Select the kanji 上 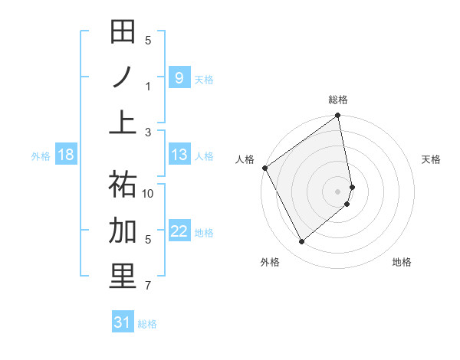coord(123,123)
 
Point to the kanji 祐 coord(123,184)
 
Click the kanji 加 coord(123,230)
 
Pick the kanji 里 coord(123,277)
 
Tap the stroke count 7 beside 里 coord(148,286)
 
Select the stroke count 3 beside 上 coord(148,132)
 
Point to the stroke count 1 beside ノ coord(148,86)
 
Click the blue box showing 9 coord(179,77)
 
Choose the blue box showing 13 coord(179,155)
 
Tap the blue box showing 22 coord(179,231)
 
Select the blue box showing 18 coord(66,155)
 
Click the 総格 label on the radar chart coord(338,100)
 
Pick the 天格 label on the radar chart coord(432,159)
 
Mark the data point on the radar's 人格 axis coord(264,168)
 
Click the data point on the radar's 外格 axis coord(301,242)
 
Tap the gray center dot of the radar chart coord(338,191)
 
